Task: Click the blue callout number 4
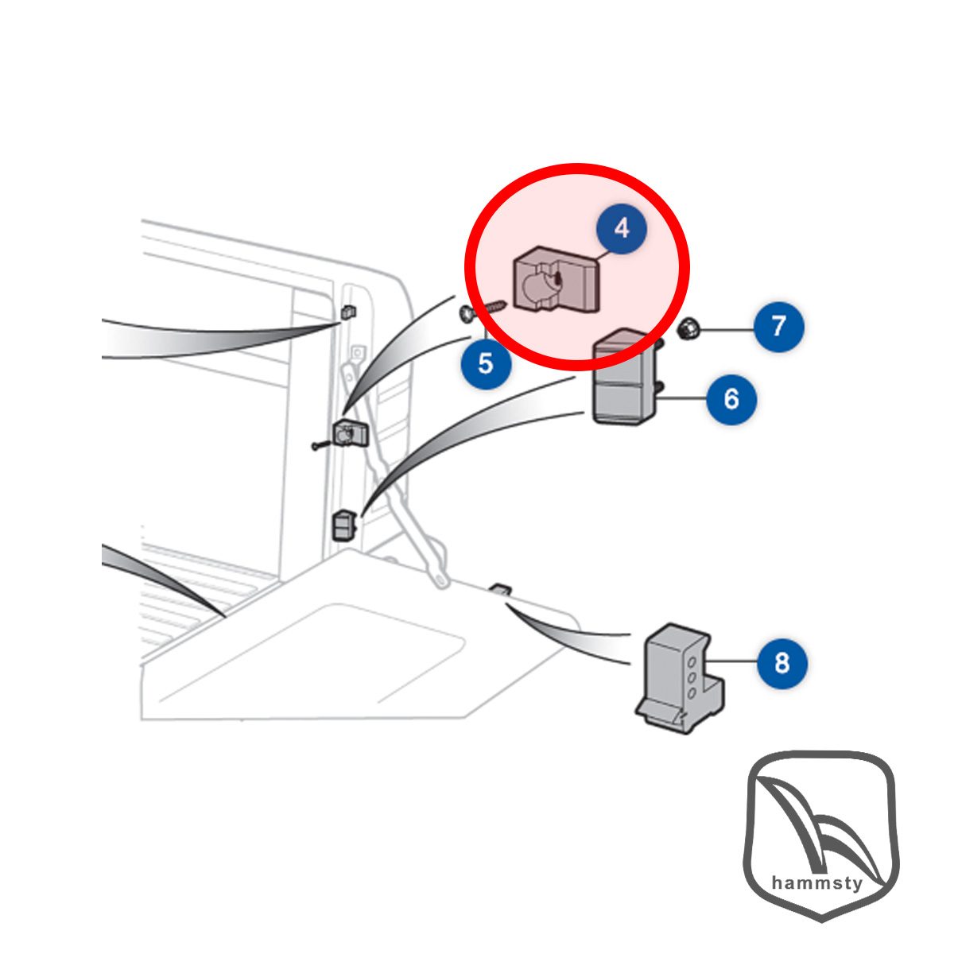[x=622, y=229]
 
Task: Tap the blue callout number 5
[x=486, y=364]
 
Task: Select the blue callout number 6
[x=731, y=399]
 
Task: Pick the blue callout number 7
[x=779, y=326]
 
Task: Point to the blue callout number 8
[x=781, y=663]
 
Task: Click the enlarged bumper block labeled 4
[x=556, y=281]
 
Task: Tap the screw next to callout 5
[x=483, y=312]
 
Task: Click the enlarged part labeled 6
[x=625, y=378]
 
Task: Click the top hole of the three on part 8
[x=693, y=661]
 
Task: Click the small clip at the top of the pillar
[x=349, y=312]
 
